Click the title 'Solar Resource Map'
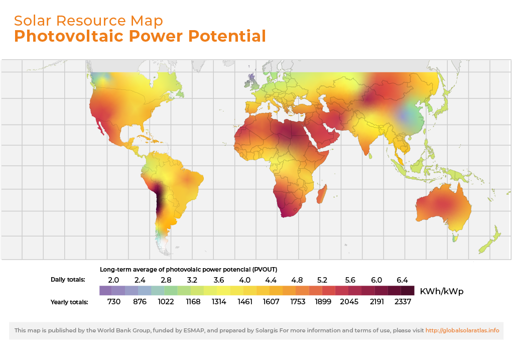[88, 21]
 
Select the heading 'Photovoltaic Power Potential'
[140, 36]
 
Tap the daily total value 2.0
[113, 280]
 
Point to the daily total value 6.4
[402, 280]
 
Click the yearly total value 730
[113, 302]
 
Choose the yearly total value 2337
[402, 302]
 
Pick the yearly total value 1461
[245, 302]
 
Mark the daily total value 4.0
[245, 280]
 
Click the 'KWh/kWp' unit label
[442, 291]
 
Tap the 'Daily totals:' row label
[68, 280]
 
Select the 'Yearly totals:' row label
[69, 302]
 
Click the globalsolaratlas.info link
[462, 330]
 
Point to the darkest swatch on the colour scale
[408, 291]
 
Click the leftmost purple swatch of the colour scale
[105, 291]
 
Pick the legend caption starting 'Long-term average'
[189, 269]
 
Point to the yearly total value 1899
[324, 302]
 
